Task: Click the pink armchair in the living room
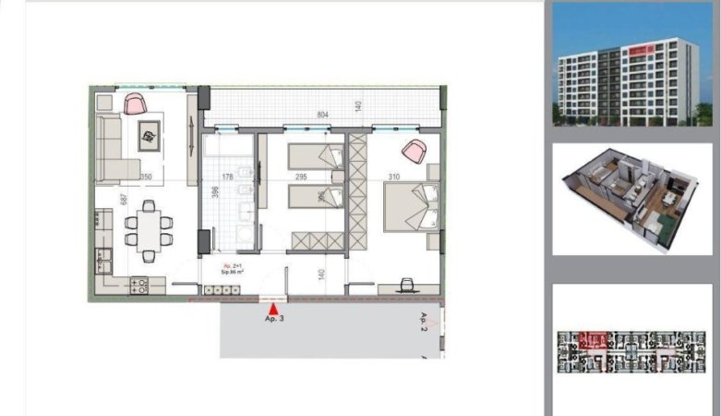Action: point(135,103)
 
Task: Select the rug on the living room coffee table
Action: point(149,138)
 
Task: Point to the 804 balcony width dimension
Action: point(323,115)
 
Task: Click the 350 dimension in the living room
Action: point(145,177)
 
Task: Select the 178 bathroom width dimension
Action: point(226,177)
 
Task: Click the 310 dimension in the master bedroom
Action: point(394,177)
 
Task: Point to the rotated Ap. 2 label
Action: point(425,322)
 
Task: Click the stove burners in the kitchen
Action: point(139,285)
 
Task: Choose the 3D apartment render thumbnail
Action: point(632,199)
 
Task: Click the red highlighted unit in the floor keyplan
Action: point(592,340)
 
